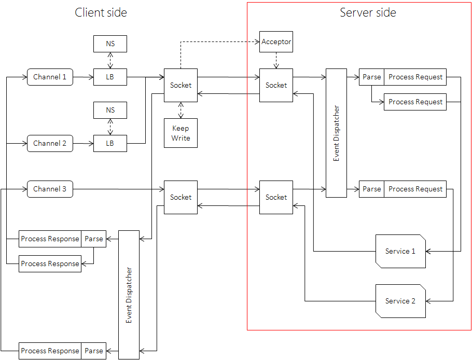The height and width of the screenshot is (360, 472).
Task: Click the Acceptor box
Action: click(276, 41)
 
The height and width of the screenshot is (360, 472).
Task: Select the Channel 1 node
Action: click(50, 77)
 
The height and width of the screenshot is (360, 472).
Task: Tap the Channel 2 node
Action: click(50, 143)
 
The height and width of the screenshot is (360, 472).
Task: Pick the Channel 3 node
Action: click(50, 189)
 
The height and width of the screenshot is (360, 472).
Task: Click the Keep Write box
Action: click(181, 133)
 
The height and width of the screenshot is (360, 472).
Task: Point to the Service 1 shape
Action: click(400, 251)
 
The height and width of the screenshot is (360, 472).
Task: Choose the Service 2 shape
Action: click(400, 301)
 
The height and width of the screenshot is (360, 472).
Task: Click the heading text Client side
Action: click(101, 12)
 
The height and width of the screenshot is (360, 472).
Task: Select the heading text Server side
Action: click(368, 12)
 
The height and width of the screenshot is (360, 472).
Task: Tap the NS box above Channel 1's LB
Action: click(110, 44)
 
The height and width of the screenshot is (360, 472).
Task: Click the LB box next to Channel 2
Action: click(110, 143)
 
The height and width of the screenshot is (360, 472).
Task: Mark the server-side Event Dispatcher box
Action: click(336, 133)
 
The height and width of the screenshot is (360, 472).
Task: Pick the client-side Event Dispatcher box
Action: click(129, 295)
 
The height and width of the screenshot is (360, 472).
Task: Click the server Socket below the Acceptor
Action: click(276, 85)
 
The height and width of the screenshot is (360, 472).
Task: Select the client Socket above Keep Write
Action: click(181, 85)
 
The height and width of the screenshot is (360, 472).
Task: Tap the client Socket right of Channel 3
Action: click(181, 197)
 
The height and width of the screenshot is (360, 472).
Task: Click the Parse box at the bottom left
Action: click(94, 351)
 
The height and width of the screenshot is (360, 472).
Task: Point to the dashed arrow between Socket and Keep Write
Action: click(181, 110)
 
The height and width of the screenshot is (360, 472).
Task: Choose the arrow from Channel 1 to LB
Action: click(83, 77)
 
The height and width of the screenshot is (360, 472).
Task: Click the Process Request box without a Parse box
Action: click(415, 102)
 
